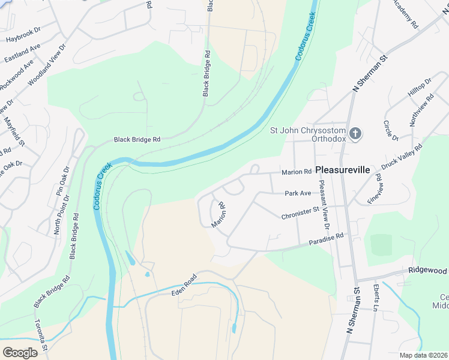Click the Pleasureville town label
(x=343, y=170)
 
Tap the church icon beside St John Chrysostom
(x=355, y=133)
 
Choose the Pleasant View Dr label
(x=324, y=205)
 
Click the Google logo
(x=20, y=353)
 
